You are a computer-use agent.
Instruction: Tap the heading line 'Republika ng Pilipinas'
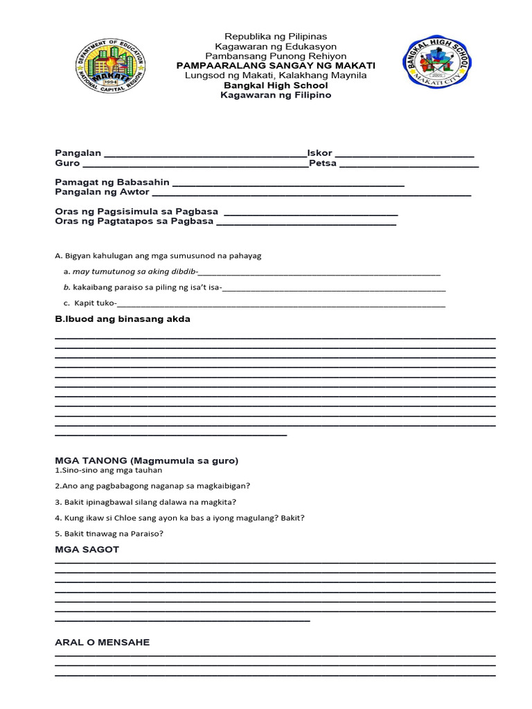click(x=275, y=36)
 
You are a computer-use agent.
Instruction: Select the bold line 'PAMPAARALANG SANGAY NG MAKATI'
click(x=276, y=65)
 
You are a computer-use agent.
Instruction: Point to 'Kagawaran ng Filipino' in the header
click(x=276, y=95)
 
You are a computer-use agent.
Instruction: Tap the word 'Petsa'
click(x=323, y=163)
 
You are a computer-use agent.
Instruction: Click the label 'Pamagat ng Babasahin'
click(x=112, y=182)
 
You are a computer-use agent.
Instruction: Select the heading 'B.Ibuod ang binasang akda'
click(x=123, y=319)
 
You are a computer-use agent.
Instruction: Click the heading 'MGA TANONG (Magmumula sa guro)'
click(x=146, y=460)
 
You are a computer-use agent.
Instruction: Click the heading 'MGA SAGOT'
click(x=87, y=549)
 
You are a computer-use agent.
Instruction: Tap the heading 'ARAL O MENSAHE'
click(x=103, y=643)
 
